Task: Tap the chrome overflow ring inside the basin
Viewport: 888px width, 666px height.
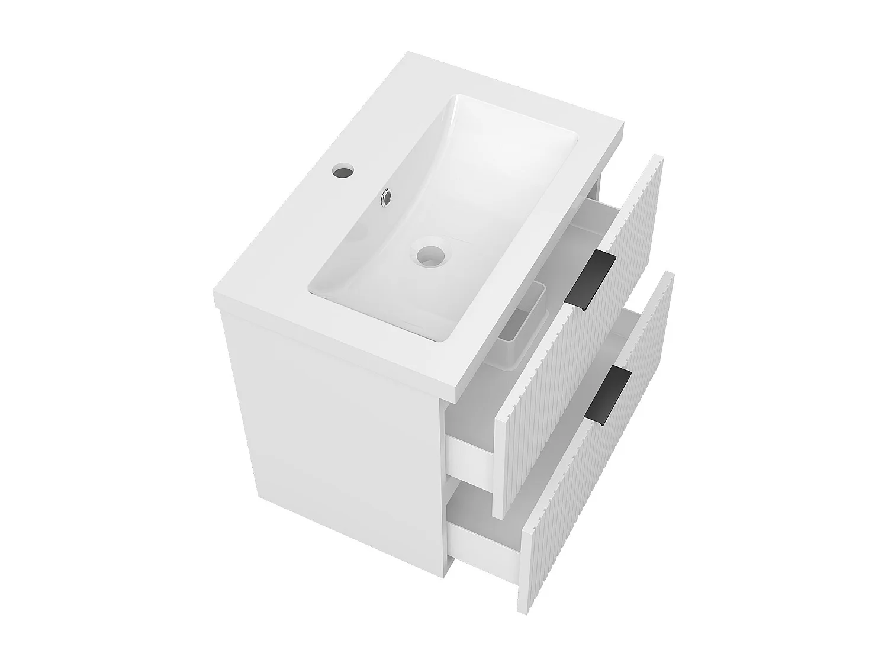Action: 387,197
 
